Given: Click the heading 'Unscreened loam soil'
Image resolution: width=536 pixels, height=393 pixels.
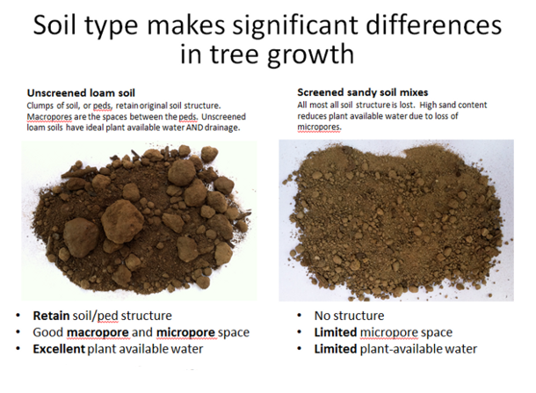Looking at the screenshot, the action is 81,93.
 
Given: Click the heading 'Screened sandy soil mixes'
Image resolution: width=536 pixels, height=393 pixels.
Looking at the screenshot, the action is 363,92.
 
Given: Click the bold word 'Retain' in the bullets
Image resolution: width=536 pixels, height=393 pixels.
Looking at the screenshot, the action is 51,316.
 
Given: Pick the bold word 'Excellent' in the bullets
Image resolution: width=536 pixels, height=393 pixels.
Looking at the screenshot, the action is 59,349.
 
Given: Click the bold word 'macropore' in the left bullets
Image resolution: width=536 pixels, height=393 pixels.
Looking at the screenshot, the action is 98,332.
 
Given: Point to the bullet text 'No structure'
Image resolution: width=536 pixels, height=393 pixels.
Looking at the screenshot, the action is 349,316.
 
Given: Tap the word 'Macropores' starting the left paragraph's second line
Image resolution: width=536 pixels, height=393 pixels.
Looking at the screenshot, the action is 49,117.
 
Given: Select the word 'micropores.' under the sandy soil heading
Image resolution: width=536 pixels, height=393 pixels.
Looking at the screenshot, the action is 319,127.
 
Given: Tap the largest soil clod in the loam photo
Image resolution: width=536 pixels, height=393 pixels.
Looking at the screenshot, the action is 122,221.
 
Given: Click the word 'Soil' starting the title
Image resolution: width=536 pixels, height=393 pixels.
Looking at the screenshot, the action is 54,25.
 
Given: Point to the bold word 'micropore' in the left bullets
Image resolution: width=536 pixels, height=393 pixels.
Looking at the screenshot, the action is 185,332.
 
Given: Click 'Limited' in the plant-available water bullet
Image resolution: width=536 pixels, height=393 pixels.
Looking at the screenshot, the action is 336,349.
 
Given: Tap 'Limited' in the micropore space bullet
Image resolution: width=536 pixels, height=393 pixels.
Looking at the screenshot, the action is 336,332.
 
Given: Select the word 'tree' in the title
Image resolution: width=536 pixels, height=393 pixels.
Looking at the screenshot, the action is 234,54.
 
